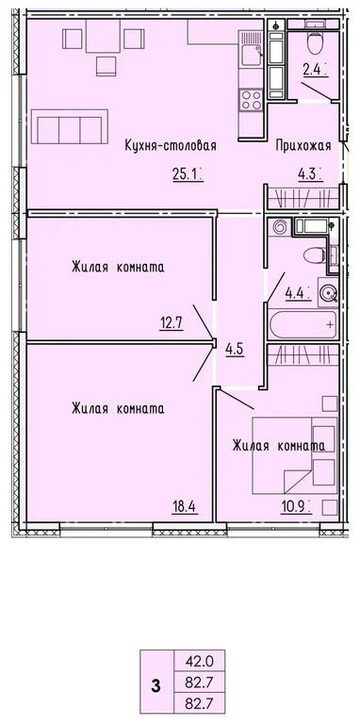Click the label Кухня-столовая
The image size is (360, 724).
pyautogui.click(x=172, y=145)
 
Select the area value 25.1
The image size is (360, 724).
pyautogui.click(x=186, y=173)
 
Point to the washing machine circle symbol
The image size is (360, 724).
pyautogui.click(x=328, y=293)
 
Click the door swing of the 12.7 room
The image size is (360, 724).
pyautogui.click(x=203, y=321)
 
